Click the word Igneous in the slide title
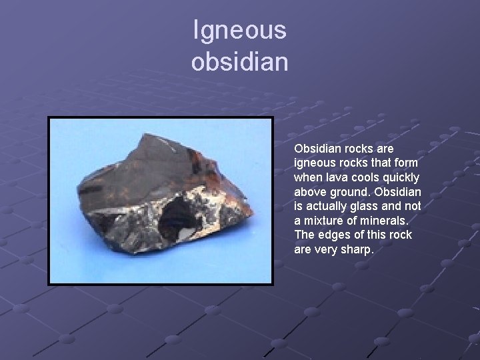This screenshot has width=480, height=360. [240, 30]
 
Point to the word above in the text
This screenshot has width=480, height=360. [310, 192]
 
